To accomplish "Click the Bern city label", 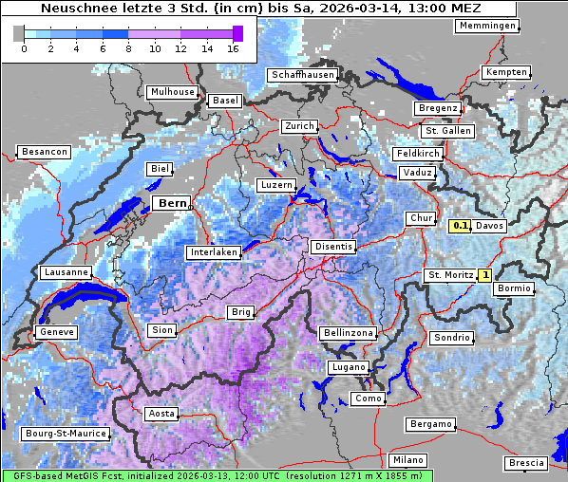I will pyautogui.click(x=172, y=203).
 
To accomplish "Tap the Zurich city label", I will pyautogui.click(x=298, y=126).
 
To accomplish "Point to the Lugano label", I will pyautogui.click(x=347, y=367).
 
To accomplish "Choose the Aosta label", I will pyautogui.click(x=161, y=414).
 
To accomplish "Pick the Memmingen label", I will pyautogui.click(x=487, y=26).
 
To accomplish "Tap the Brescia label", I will pyautogui.click(x=526, y=462).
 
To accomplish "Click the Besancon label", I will pyautogui.click(x=44, y=152).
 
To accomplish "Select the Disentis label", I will pyautogui.click(x=333, y=247).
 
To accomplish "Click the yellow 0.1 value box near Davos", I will pyautogui.click(x=460, y=226).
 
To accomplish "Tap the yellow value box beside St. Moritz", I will pyautogui.click(x=484, y=275).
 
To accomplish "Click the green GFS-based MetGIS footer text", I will pyautogui.click(x=217, y=475).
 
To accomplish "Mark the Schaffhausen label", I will pyautogui.click(x=302, y=75).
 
